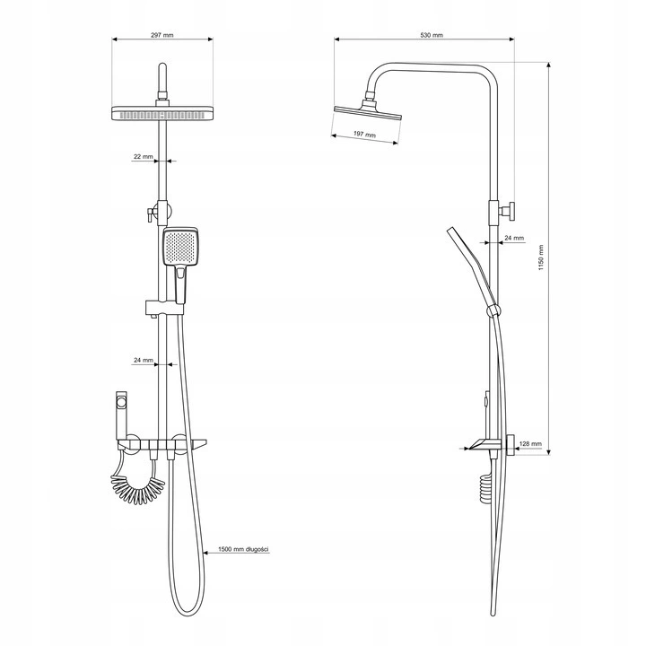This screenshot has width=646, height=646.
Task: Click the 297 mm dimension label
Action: [162, 35]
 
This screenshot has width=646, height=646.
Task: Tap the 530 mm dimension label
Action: [432, 35]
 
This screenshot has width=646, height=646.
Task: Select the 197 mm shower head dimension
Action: [365, 135]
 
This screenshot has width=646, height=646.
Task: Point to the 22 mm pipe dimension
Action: [143, 156]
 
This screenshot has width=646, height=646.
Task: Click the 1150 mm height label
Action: [541, 258]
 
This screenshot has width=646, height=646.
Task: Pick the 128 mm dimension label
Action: [530, 444]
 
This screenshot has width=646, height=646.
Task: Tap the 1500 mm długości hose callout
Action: [243, 549]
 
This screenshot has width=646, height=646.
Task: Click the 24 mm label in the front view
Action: [143, 360]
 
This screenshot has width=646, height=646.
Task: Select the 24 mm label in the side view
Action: [514, 238]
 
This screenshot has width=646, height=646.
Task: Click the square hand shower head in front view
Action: [180, 247]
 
